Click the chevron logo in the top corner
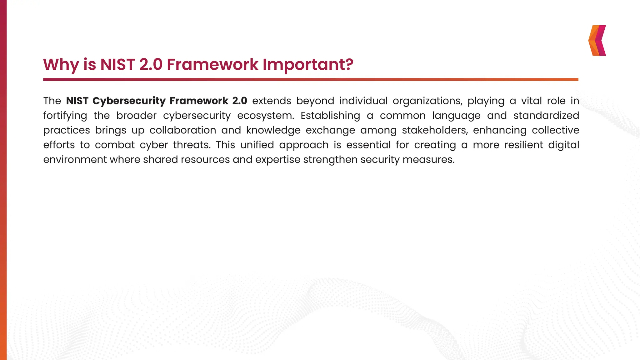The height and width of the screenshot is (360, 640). pyautogui.click(x=597, y=41)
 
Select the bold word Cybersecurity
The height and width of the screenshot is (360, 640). pyautogui.click(x=129, y=101)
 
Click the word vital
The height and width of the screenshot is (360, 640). pyautogui.click(x=532, y=101)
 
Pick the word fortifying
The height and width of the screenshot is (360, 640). pyautogui.click(x=65, y=116)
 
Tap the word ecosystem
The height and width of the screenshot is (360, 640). pyautogui.click(x=265, y=116)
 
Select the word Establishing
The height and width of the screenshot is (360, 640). pyautogui.click(x=330, y=116)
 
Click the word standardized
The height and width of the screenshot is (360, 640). pyautogui.click(x=546, y=116)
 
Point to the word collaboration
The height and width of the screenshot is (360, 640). pyautogui.click(x=183, y=130)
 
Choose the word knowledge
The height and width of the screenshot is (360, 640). pyautogui.click(x=273, y=130)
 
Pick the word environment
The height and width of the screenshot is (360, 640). pyautogui.click(x=75, y=160)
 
